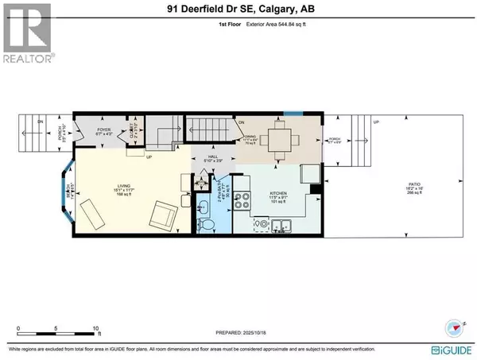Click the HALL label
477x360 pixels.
tap(212, 157)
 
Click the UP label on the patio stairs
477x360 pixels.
tap(376, 122)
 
